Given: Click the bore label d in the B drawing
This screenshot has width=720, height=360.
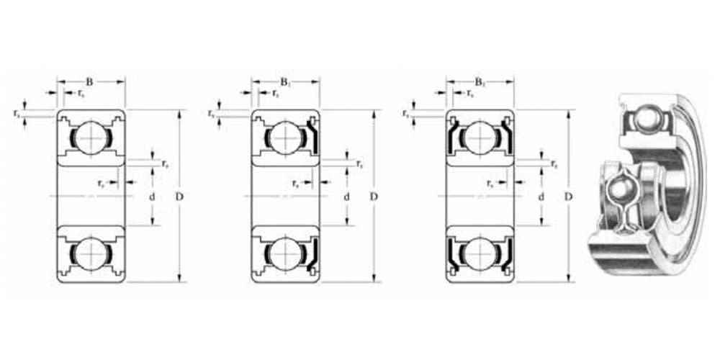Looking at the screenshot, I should tap(153, 196).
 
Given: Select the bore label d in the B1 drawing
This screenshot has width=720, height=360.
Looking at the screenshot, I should tap(347, 196).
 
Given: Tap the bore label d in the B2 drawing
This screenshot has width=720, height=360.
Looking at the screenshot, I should tap(541, 196).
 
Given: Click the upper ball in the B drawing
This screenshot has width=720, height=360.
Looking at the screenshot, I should tap(91, 137).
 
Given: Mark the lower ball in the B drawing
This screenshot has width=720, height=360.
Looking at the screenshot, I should tap(91, 254).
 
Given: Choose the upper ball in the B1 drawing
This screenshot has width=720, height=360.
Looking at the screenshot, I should tap(285, 137).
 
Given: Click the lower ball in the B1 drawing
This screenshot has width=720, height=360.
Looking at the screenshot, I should tap(285, 254).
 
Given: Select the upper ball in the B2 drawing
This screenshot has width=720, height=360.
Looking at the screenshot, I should tap(480, 137).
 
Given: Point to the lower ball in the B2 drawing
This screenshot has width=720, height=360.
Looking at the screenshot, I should tap(480, 254).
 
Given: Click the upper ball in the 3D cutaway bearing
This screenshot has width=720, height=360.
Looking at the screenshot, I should tap(644, 116).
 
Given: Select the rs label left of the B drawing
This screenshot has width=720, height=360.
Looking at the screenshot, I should tap(17, 113).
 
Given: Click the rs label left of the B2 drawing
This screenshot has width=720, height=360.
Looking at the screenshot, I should tap(406, 113).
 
